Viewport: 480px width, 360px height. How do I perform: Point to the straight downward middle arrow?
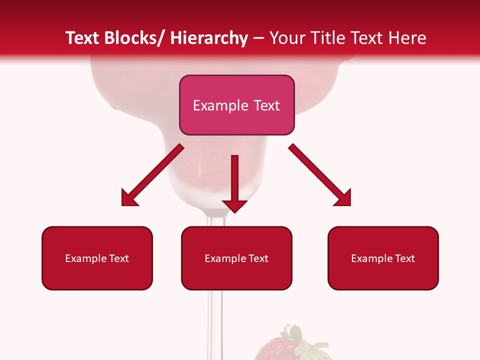pyautogui.click(x=234, y=180)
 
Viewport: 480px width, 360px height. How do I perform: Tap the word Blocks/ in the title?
pyautogui.click(x=134, y=38)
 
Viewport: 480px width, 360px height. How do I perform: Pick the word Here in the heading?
pyautogui.click(x=407, y=38)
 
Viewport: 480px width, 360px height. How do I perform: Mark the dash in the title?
pyautogui.click(x=258, y=38)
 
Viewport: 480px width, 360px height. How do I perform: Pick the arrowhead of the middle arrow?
pyautogui.click(x=234, y=205)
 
